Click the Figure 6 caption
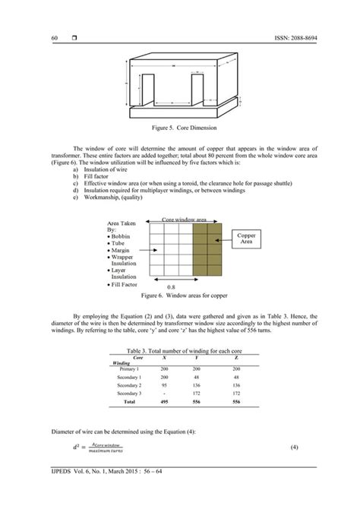(x=179, y=295)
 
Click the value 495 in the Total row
(x=164, y=402)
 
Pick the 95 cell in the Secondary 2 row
(x=164, y=384)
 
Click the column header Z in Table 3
(x=236, y=356)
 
